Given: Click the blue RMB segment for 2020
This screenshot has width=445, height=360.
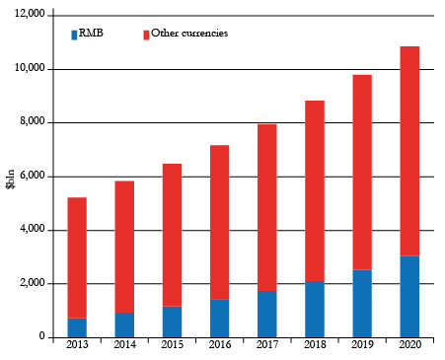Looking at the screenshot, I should click(408, 296).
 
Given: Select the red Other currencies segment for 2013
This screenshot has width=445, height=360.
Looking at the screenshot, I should click(77, 257).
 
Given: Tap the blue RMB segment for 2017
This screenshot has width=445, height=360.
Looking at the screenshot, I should click(266, 314).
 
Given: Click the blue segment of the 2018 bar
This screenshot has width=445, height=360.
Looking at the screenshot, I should click(314, 309).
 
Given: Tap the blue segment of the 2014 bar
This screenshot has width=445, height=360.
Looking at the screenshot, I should click(124, 324).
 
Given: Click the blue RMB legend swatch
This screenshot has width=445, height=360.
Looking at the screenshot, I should click(73, 35).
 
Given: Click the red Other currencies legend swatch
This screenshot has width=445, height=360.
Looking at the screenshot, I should click(146, 35).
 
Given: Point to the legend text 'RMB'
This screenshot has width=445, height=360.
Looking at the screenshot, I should click(91, 34).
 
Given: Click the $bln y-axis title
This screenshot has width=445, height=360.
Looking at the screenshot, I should click(11, 177).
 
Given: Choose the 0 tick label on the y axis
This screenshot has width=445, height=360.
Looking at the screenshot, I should click(41, 337).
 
